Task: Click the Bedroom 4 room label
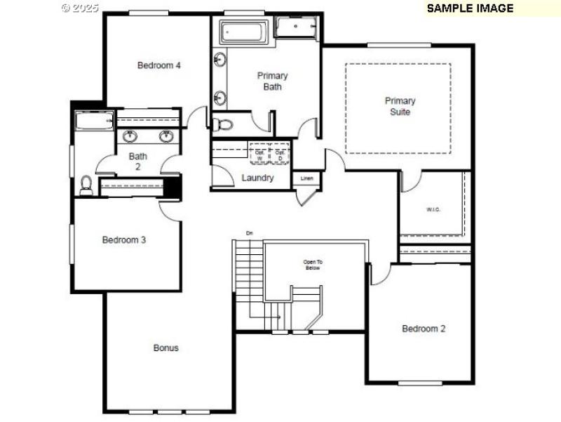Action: pyautogui.click(x=159, y=65)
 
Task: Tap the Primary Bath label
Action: pyautogui.click(x=272, y=81)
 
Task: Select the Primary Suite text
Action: pyautogui.click(x=400, y=106)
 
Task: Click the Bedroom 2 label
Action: pyautogui.click(x=424, y=329)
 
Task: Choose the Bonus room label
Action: pyautogui.click(x=166, y=348)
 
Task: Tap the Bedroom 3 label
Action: pyautogui.click(x=124, y=239)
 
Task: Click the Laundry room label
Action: pyautogui.click(x=257, y=178)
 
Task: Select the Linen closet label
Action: pyautogui.click(x=306, y=178)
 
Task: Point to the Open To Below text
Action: pyautogui.click(x=313, y=265)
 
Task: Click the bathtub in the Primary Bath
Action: pyautogui.click(x=243, y=32)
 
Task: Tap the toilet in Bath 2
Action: pyautogui.click(x=86, y=185)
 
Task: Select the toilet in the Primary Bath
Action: pyautogui.click(x=224, y=125)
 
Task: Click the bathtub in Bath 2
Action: pyautogui.click(x=94, y=120)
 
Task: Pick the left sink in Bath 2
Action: pyautogui.click(x=130, y=136)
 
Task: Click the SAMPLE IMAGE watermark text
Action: pyautogui.click(x=470, y=8)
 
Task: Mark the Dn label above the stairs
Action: pyautogui.click(x=248, y=233)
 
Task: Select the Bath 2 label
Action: pyautogui.click(x=138, y=161)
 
